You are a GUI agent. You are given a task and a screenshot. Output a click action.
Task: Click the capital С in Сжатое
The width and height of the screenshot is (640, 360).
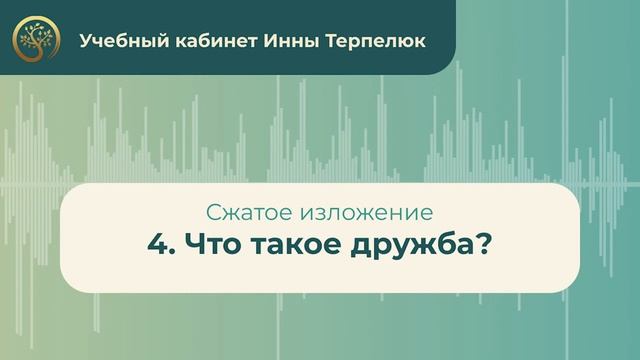pos(211,212)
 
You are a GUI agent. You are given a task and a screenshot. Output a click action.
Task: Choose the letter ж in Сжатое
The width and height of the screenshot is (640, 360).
pos(226,213)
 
